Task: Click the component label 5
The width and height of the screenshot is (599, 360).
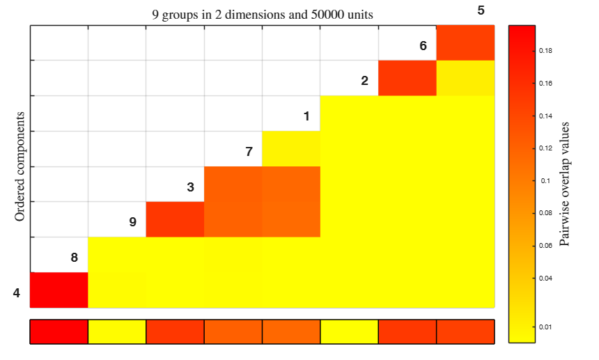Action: click(x=481, y=10)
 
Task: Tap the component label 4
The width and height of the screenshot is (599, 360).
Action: click(x=17, y=293)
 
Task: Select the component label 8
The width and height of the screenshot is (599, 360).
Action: click(x=74, y=258)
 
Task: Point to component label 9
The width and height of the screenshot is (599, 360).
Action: click(x=132, y=222)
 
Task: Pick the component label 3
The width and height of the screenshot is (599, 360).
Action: click(x=191, y=187)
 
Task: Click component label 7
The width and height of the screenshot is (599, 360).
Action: click(x=249, y=152)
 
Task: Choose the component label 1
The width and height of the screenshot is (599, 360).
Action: click(x=306, y=116)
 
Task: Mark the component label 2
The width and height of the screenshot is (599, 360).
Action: click(x=364, y=81)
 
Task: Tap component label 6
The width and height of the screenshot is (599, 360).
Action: click(x=423, y=46)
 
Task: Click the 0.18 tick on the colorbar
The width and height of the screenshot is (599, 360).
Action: click(x=545, y=51)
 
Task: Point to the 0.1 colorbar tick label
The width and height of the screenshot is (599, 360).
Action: click(x=545, y=180)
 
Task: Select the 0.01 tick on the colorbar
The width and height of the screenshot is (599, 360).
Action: click(x=545, y=327)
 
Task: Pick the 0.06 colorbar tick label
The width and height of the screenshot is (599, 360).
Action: click(x=545, y=246)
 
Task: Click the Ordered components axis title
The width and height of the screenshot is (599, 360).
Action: click(x=20, y=166)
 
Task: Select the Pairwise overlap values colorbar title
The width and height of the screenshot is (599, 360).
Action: click(x=564, y=184)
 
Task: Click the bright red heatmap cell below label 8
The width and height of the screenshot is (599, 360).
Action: click(x=59, y=290)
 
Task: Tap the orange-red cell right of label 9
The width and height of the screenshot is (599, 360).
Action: click(x=175, y=219)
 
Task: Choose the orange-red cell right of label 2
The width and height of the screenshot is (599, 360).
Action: click(x=407, y=78)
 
